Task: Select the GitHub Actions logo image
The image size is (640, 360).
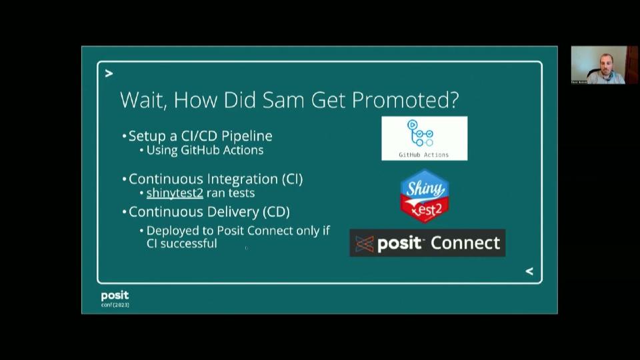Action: click(x=424, y=138)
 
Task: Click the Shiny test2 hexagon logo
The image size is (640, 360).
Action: click(x=423, y=195)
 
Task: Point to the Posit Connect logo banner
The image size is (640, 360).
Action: click(x=427, y=243)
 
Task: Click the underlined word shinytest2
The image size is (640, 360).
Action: click(x=175, y=193)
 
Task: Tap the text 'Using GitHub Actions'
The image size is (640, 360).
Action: click(x=205, y=150)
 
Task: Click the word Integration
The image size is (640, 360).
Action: click(x=241, y=179)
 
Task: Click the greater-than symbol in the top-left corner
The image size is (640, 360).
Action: click(x=109, y=73)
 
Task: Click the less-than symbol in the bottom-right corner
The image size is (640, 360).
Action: click(x=529, y=271)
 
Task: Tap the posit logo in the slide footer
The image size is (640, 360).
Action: click(x=115, y=295)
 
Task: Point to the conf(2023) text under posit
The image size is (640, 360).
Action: click(x=115, y=305)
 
